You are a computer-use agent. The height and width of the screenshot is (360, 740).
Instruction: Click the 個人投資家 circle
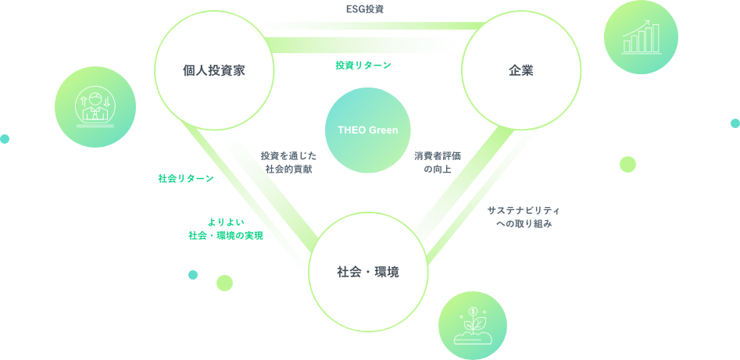pyautogui.click(x=214, y=71)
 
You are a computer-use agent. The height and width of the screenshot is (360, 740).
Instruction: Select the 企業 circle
pyautogui.click(x=520, y=71)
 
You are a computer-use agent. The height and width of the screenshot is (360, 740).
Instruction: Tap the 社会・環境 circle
pyautogui.click(x=368, y=272)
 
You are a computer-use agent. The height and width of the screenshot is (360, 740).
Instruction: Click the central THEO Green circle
pyautogui.click(x=367, y=130)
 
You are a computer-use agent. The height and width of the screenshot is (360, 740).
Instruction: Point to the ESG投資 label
pyautogui.click(x=365, y=9)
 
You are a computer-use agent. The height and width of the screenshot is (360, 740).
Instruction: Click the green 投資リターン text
pyautogui.click(x=363, y=66)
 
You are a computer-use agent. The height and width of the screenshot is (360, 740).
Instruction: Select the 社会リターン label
pyautogui.click(x=186, y=178)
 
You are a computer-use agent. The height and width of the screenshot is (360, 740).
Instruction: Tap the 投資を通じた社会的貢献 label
pyautogui.click(x=288, y=162)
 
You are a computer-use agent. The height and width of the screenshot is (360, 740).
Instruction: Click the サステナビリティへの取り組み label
pyautogui.click(x=524, y=217)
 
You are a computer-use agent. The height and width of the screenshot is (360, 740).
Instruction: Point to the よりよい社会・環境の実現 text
pyautogui.click(x=225, y=229)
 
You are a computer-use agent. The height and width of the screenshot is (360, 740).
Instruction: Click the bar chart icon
pyautogui.click(x=641, y=37)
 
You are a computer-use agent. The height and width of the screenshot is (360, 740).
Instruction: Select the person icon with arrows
pyautogui.click(x=95, y=106)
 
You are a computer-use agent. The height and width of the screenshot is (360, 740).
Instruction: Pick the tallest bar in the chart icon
pyautogui.click(x=656, y=37)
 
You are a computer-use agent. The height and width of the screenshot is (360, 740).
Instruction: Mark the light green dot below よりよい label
pyautogui.click(x=225, y=283)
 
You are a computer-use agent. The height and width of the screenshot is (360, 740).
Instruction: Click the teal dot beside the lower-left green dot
pyautogui.click(x=193, y=275)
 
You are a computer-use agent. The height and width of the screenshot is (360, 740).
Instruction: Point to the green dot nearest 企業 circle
pyautogui.click(x=627, y=164)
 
